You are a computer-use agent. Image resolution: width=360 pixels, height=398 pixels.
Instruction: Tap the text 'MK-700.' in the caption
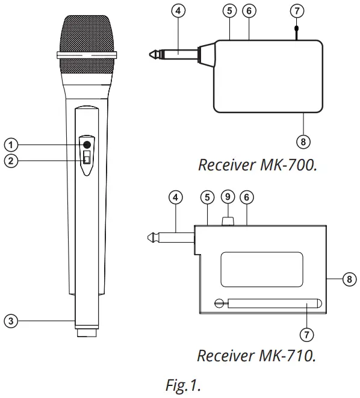click(288, 164)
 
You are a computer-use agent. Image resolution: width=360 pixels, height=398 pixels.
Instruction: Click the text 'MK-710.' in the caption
click(288, 355)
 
